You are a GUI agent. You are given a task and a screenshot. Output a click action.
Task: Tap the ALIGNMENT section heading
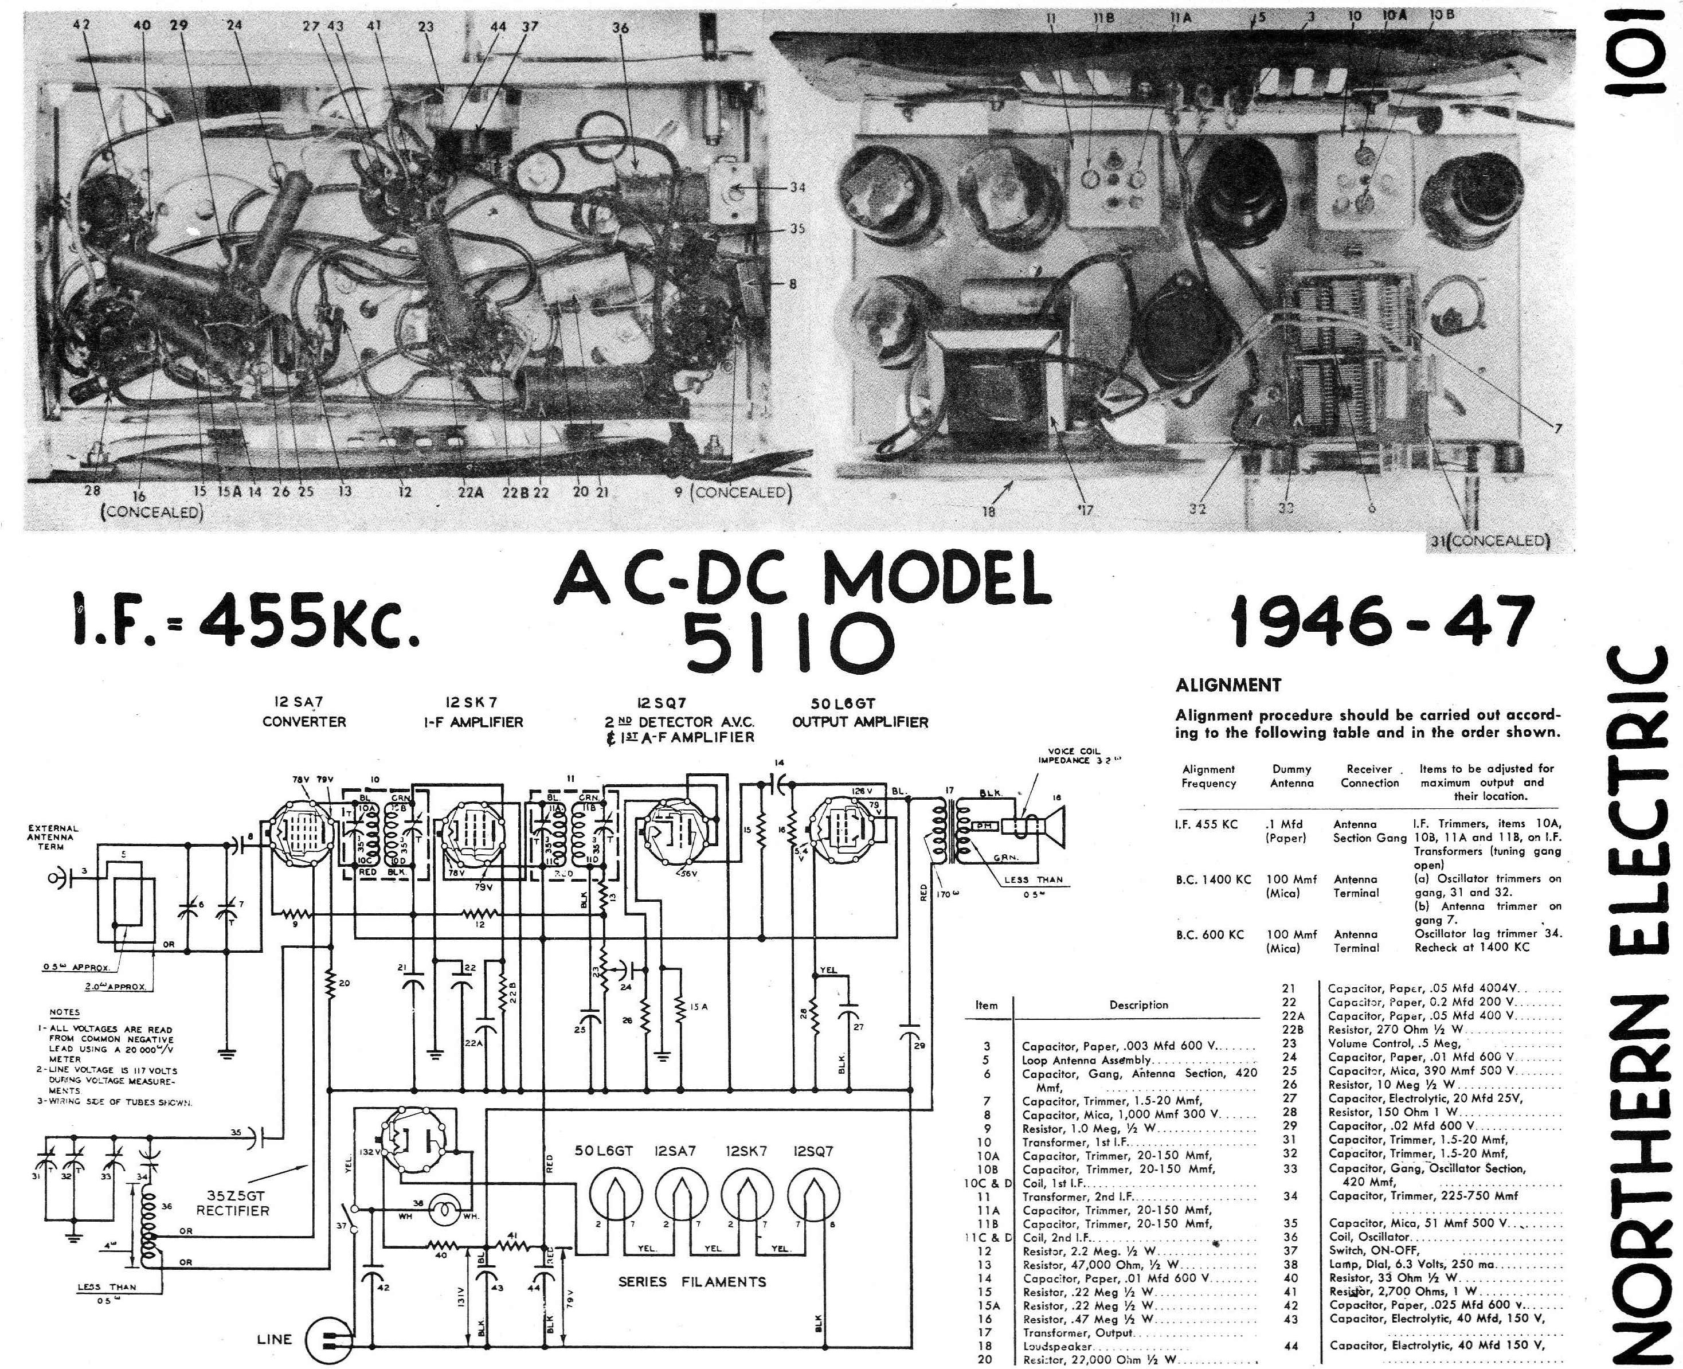click(x=1228, y=685)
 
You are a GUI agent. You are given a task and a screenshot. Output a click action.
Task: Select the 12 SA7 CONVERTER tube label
click(x=304, y=712)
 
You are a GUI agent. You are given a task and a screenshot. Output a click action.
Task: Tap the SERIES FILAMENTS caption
click(x=692, y=1281)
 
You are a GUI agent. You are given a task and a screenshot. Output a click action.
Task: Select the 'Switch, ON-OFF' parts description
click(x=1374, y=1250)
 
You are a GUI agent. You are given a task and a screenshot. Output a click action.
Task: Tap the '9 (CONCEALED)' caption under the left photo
click(x=732, y=493)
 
